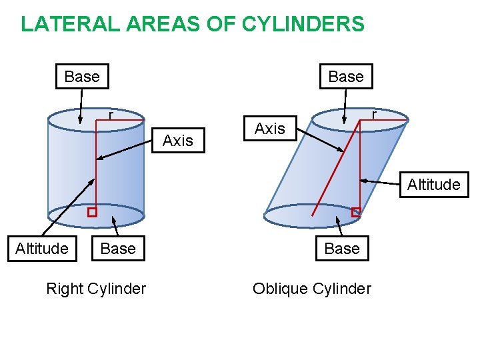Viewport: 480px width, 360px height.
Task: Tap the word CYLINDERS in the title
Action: point(303,24)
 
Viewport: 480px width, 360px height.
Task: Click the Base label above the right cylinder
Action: point(82,77)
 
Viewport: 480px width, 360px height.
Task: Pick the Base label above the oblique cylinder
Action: point(346,77)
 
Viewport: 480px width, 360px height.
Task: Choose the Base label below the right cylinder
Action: point(117,249)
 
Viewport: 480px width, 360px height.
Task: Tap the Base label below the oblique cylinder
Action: point(342,249)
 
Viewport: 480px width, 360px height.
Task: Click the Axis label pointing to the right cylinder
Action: point(177,140)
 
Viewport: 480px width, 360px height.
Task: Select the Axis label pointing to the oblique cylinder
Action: point(270,128)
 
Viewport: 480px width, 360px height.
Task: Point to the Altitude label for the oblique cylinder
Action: point(433,184)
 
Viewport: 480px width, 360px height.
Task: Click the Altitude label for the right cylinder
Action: point(41,249)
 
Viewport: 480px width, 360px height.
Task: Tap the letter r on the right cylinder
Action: point(111,115)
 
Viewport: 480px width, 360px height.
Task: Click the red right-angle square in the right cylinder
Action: point(92,212)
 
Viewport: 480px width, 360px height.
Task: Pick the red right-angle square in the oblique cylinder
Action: point(356,212)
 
